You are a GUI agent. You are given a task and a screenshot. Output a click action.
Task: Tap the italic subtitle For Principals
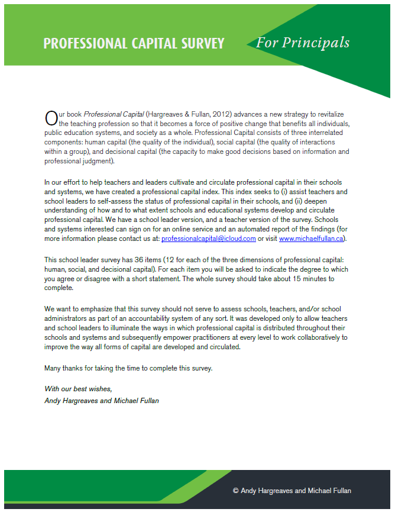pyautogui.click(x=303, y=43)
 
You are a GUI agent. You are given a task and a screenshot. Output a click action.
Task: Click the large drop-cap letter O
pyautogui.click(x=51, y=118)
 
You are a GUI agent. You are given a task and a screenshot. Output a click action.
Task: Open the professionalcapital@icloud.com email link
pyautogui.click(x=208, y=239)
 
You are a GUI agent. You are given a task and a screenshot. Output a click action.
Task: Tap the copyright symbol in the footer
pyautogui.click(x=235, y=491)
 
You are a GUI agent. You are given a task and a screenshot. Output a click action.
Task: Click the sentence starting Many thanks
pyautogui.click(x=128, y=368)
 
